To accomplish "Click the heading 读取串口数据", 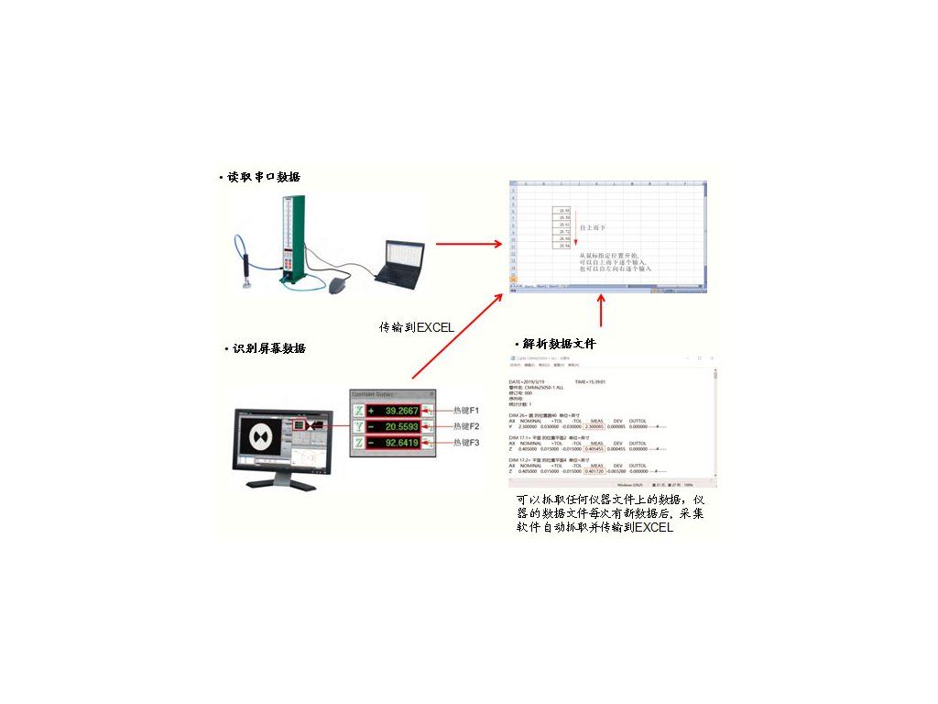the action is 264,177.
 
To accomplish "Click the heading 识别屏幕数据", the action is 269,348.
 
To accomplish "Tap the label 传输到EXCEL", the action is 417,326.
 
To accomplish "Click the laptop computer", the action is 400,261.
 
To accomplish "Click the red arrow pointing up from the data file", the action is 601,311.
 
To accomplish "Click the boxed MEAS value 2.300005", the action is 596,426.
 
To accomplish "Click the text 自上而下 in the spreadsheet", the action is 594,225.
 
